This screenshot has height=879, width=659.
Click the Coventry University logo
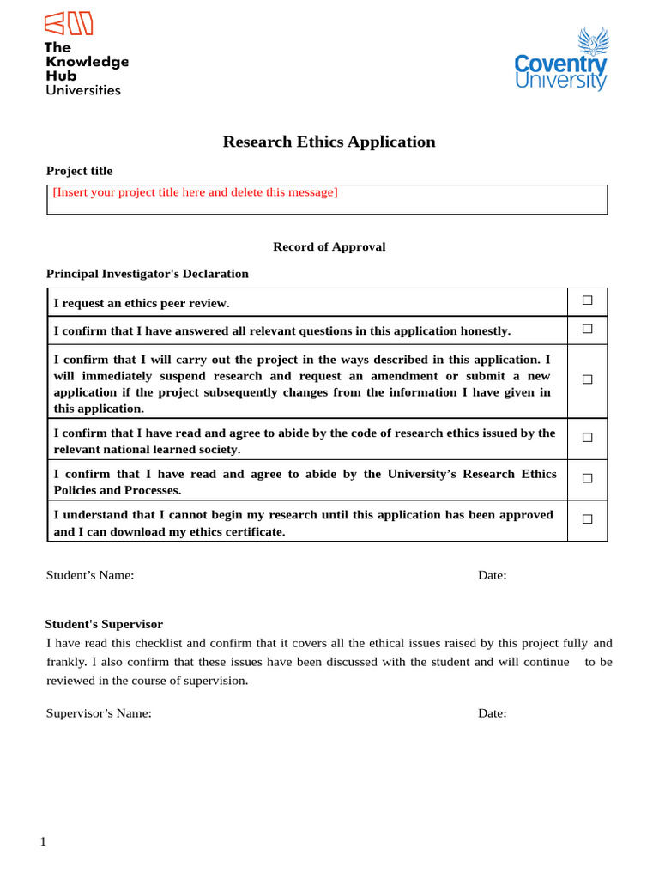(560, 60)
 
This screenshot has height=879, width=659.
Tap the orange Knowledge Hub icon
(69, 24)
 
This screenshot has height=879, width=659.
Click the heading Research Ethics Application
(329, 142)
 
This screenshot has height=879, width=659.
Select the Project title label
(79, 171)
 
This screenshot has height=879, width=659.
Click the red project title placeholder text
(195, 192)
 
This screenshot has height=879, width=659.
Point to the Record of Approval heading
(329, 246)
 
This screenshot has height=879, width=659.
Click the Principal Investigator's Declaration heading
(147, 274)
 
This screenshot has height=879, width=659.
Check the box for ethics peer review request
(587, 300)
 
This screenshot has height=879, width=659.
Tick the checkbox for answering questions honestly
(587, 329)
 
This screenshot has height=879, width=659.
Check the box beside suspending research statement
(587, 379)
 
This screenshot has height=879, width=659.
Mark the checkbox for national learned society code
(587, 438)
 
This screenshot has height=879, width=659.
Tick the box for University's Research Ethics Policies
(587, 479)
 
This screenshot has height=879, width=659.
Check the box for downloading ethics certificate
(587, 519)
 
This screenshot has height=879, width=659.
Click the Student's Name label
(90, 575)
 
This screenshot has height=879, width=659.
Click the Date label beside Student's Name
(492, 575)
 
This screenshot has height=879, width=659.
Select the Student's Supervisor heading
(104, 624)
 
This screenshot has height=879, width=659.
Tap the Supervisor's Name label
(99, 713)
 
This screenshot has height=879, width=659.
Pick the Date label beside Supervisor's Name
(492, 713)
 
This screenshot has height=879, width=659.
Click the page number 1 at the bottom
(43, 841)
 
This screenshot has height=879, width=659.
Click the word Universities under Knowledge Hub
(83, 89)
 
